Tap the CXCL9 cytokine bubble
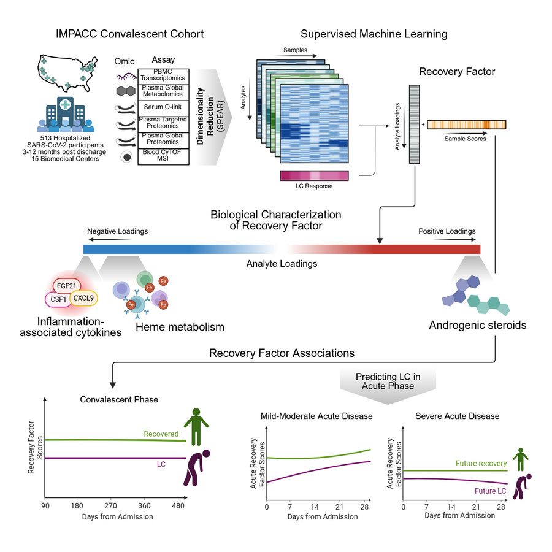(x=83, y=298)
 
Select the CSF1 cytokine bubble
(x=57, y=300)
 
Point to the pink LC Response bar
(x=314, y=175)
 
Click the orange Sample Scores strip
(x=466, y=125)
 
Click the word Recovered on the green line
(x=161, y=434)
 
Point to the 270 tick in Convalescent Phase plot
(x=111, y=506)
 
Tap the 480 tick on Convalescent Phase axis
(x=178, y=506)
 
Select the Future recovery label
(x=481, y=464)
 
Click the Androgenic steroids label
(x=477, y=325)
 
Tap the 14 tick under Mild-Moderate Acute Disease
(x=315, y=507)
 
